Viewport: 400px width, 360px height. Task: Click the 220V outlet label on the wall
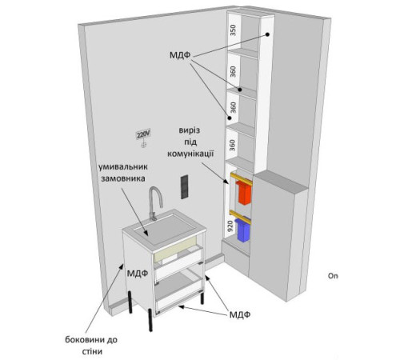143,134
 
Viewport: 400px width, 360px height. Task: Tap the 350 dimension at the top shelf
233,30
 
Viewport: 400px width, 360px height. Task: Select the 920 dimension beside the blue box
230,226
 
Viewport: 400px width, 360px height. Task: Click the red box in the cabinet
244,193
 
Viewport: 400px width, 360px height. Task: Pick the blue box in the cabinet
242,230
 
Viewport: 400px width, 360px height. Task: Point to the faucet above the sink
155,203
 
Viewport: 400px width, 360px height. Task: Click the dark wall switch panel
184,187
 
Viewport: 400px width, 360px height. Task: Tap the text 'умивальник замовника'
122,173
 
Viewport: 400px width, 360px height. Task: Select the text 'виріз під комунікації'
190,142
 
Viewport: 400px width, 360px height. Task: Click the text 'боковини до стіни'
91,346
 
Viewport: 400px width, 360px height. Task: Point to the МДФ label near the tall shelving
180,55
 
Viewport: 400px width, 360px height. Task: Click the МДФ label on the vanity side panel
138,274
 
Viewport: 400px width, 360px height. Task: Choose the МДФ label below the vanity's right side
240,314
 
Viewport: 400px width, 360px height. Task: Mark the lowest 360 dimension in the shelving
233,146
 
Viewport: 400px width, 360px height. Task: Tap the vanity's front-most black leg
150,320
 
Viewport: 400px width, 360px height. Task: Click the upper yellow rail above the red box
242,178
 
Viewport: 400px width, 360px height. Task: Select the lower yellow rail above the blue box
241,217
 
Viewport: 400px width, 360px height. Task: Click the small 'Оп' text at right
333,276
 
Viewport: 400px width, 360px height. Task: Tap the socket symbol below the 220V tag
144,145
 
